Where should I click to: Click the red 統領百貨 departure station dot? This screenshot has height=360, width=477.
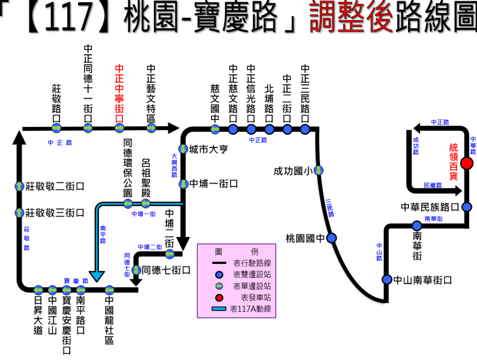pyautogui.click(x=467, y=163)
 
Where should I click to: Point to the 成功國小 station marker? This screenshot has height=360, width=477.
pyautogui.click(x=318, y=170)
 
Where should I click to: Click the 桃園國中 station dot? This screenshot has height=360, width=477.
pyautogui.click(x=332, y=238)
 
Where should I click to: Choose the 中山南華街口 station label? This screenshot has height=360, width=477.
pyautogui.click(x=422, y=280)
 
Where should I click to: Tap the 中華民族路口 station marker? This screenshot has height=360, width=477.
pyautogui.click(x=467, y=206)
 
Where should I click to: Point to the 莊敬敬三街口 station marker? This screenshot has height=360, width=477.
pyautogui.click(x=19, y=213)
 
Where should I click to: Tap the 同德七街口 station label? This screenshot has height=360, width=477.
pyautogui.click(x=166, y=270)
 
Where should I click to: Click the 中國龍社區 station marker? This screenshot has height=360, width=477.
pyautogui.click(x=109, y=290)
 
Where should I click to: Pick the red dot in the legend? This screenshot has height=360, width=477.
pyautogui.click(x=218, y=298)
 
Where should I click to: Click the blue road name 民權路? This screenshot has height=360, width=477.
pyautogui.click(x=433, y=185)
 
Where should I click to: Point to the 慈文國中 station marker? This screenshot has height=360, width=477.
pyautogui.click(x=215, y=129)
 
